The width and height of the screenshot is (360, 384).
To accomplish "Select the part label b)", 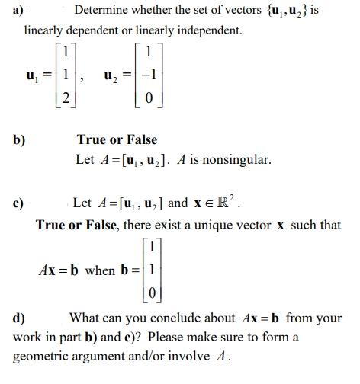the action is click(19, 139).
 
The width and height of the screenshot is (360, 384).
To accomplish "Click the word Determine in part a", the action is click(103, 10).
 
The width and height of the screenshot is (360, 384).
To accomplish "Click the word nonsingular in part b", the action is click(233, 160).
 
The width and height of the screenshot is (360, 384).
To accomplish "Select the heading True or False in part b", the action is click(117, 139).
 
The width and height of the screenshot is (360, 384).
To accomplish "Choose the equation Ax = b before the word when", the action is click(59, 270).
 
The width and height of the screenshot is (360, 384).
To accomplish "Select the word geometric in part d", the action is click(43, 356).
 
